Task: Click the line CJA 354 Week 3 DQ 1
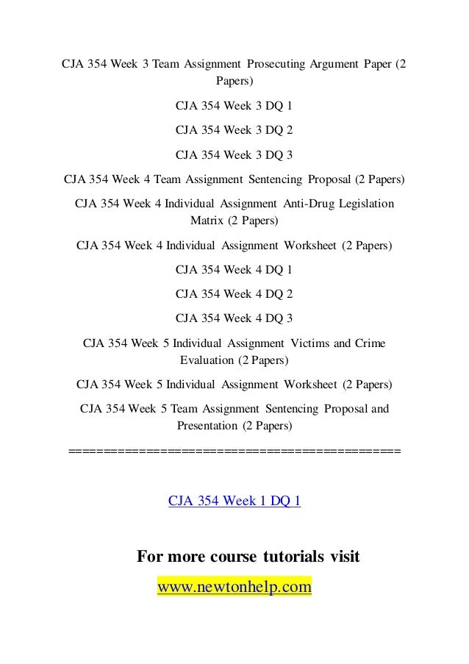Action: (234, 106)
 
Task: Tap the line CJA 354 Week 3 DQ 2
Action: (234, 130)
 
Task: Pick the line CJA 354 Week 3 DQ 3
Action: (234, 154)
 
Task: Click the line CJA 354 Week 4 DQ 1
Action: (234, 269)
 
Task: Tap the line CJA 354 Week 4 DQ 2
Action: (234, 293)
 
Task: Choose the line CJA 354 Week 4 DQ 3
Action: (234, 318)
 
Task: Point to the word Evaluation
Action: (206, 360)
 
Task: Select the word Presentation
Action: (208, 425)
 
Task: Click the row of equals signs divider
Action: (234, 451)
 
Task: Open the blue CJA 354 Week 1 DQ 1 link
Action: (234, 501)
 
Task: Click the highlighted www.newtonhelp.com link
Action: (234, 588)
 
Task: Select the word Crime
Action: (370, 343)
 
